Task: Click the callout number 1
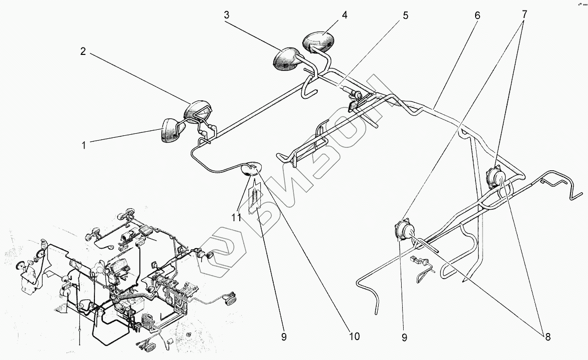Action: click(84, 146)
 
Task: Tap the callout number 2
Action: click(83, 51)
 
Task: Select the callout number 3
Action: click(226, 15)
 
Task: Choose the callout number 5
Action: click(405, 15)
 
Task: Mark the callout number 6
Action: click(477, 15)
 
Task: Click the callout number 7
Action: click(524, 15)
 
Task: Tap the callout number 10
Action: click(354, 337)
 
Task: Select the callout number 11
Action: click(236, 218)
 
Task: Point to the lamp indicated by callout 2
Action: click(199, 111)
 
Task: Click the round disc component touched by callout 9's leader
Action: click(404, 230)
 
